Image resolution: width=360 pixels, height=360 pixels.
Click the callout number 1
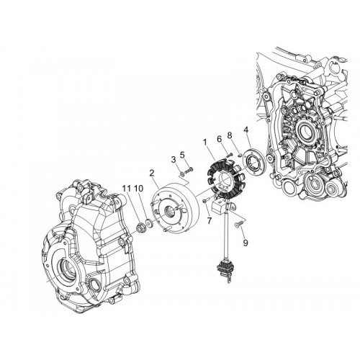tap(204, 143)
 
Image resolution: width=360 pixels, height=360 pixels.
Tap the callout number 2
tap(151, 173)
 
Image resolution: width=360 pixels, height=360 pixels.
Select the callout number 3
tap(174, 160)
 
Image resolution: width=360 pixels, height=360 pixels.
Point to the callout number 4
tap(246, 130)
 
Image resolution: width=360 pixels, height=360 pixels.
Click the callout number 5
tap(182, 156)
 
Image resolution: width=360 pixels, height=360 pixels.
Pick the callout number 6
tap(219, 139)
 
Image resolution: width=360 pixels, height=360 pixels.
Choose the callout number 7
tap(210, 220)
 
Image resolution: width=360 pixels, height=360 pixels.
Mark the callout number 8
tap(230, 135)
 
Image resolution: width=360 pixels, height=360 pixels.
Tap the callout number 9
tap(246, 243)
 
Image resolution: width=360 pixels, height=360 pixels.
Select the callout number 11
tap(127, 189)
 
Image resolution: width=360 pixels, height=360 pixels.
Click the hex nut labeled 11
tap(140, 227)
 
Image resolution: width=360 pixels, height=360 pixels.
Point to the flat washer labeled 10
tap(150, 223)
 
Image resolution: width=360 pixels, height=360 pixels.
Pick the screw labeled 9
tap(238, 225)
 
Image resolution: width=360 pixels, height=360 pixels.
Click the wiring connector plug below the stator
tap(224, 270)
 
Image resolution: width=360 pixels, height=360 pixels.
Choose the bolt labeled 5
tap(189, 170)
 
